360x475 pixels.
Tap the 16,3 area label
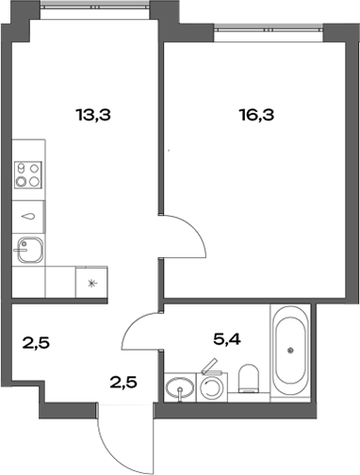coord(257,117)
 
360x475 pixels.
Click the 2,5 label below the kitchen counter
coord(36,342)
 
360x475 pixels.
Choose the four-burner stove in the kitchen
coord(29,175)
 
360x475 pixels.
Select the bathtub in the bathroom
coord(290,351)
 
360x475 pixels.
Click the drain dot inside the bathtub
coord(290,351)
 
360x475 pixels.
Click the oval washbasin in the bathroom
coord(177,389)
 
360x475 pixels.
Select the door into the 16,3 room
coord(185,236)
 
